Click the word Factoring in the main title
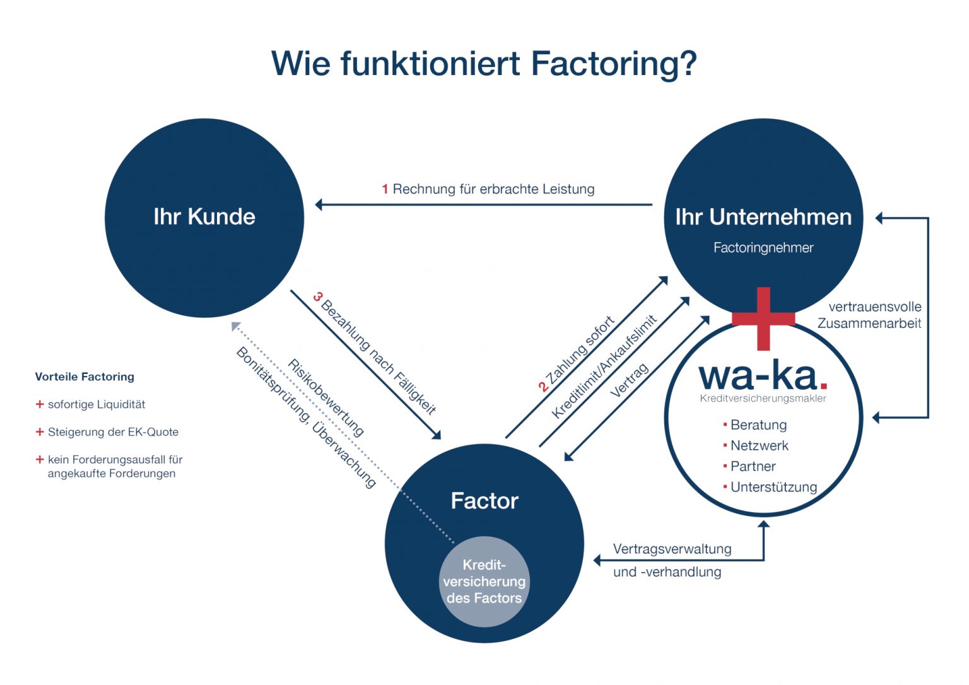[606, 63]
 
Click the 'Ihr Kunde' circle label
[204, 217]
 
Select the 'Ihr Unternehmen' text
[763, 217]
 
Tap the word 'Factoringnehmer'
[763, 248]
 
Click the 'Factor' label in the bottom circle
[484, 501]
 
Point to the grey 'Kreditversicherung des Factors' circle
[484, 582]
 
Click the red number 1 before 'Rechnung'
[385, 189]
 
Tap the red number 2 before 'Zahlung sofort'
[543, 387]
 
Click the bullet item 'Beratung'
[758, 425]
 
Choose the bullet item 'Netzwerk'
[760, 446]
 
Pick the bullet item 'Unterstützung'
[773, 488]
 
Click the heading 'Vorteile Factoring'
[85, 377]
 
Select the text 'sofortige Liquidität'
[97, 404]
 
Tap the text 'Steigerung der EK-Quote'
[113, 432]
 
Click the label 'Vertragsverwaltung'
[672, 549]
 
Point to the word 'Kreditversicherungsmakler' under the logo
[763, 399]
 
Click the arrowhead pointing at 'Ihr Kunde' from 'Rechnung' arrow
[319, 204]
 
